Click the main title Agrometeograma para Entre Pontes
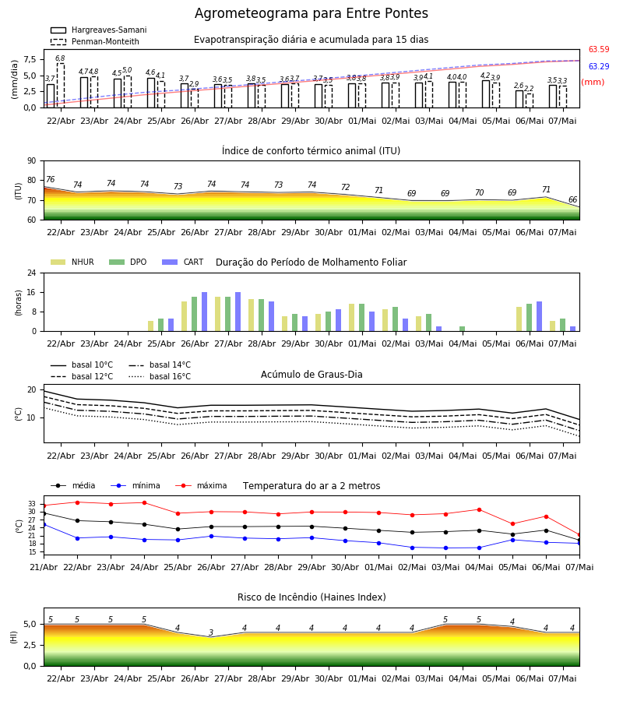(311, 13)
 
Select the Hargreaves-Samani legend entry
(98, 30)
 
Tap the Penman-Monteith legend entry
(95, 41)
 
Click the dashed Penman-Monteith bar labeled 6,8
(60, 86)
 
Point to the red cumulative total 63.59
(599, 49)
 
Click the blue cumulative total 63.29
(599, 66)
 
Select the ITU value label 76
(50, 179)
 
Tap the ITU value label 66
(572, 199)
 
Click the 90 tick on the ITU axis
(32, 161)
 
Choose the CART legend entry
(183, 262)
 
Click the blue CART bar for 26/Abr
(204, 312)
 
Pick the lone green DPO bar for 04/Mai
(462, 329)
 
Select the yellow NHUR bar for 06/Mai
(519, 319)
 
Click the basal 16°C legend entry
(160, 376)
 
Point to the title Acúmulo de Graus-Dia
(311, 374)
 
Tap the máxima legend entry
(201, 485)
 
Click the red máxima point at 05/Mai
(512, 524)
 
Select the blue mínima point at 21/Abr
(44, 524)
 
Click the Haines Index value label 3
(211, 632)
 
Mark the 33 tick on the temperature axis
(32, 504)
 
